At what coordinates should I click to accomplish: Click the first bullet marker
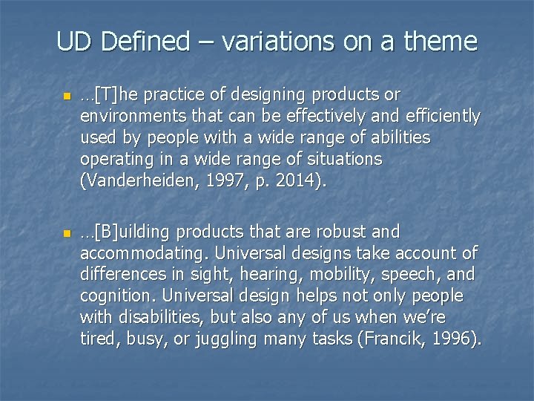click(x=65, y=97)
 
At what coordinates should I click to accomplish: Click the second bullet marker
click(x=65, y=234)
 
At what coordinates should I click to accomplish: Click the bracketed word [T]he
click(x=111, y=95)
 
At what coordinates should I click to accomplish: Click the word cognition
click(x=113, y=296)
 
